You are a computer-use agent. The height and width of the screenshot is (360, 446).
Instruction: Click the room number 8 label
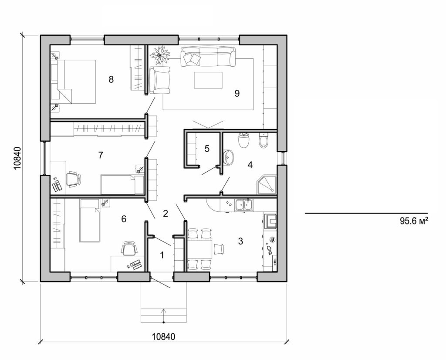[111, 79]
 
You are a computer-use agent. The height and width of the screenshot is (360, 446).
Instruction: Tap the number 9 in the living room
[237, 93]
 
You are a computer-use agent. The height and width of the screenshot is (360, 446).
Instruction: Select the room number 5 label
[207, 149]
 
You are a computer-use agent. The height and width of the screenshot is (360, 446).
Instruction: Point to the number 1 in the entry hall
[162, 255]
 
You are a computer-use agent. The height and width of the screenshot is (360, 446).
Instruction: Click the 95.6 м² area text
[412, 221]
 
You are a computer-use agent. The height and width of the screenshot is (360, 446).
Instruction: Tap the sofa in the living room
[208, 57]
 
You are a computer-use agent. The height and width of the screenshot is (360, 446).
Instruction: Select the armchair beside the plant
[159, 81]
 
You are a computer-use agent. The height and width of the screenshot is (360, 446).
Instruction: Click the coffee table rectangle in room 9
[208, 80]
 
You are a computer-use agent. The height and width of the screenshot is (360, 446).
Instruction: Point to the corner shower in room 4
[266, 184]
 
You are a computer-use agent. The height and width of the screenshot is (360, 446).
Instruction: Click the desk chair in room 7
[73, 179]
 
